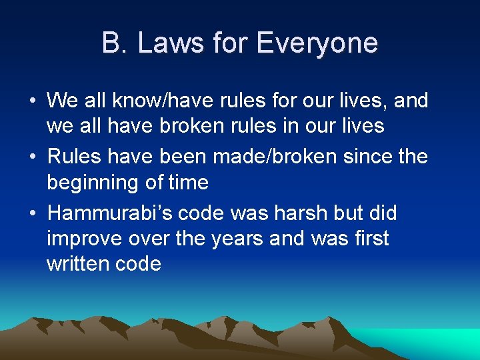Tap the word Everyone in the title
pos(316,43)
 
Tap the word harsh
pos(300,213)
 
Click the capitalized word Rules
pos(74,157)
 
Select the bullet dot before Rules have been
pos(32,157)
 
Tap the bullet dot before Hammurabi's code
pos(32,214)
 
